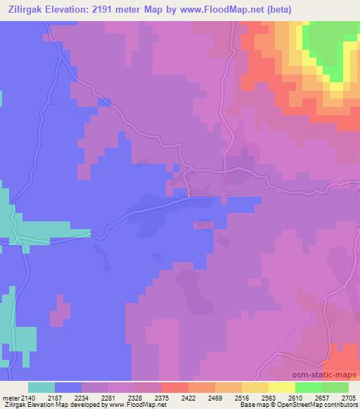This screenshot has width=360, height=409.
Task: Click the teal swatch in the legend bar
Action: coord(41,387)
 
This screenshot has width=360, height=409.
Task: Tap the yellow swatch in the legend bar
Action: coord(281,387)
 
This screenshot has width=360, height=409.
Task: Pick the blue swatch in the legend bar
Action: coord(68,387)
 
